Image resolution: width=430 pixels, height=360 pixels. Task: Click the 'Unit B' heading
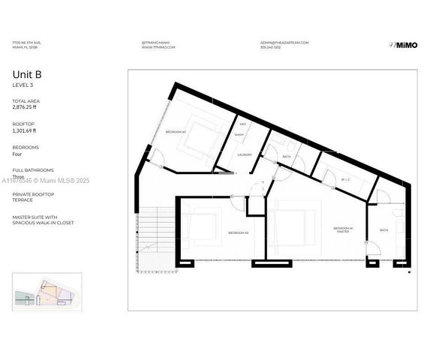pos(26,74)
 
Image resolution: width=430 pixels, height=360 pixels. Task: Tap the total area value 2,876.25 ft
pos(27,107)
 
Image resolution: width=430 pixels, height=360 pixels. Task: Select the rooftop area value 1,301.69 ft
pos(26,130)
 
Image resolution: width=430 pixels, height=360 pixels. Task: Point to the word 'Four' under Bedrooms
pos(18,154)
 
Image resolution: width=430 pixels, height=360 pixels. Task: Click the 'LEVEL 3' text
pos(22,86)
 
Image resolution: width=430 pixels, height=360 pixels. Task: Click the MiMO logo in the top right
pos(403,45)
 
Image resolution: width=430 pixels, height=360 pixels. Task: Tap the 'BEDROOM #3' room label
pos(176,132)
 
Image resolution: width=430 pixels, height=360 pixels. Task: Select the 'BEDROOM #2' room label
pos(238,233)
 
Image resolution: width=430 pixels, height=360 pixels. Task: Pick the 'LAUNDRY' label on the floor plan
pos(245,154)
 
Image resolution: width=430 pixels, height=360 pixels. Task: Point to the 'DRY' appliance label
pos(242,125)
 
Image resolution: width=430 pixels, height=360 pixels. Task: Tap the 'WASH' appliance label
pos(239,135)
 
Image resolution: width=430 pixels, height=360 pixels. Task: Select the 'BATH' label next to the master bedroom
pos(383,230)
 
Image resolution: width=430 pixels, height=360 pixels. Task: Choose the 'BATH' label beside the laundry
pos(287,156)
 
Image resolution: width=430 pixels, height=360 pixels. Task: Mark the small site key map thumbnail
pos(45,290)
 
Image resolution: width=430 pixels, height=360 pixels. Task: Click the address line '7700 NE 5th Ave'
pos(27,43)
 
